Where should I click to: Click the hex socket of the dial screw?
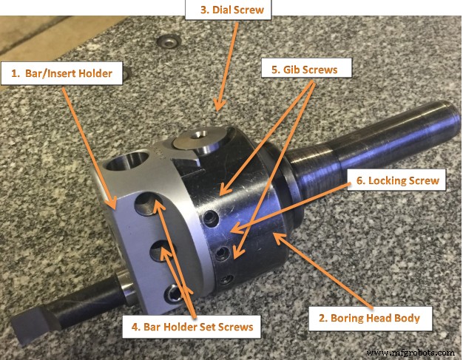(x=197, y=137)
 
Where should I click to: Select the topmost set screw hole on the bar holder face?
(x=155, y=201)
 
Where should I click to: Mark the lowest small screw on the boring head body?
(x=228, y=278)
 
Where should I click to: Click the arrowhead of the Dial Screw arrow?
(x=217, y=109)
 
